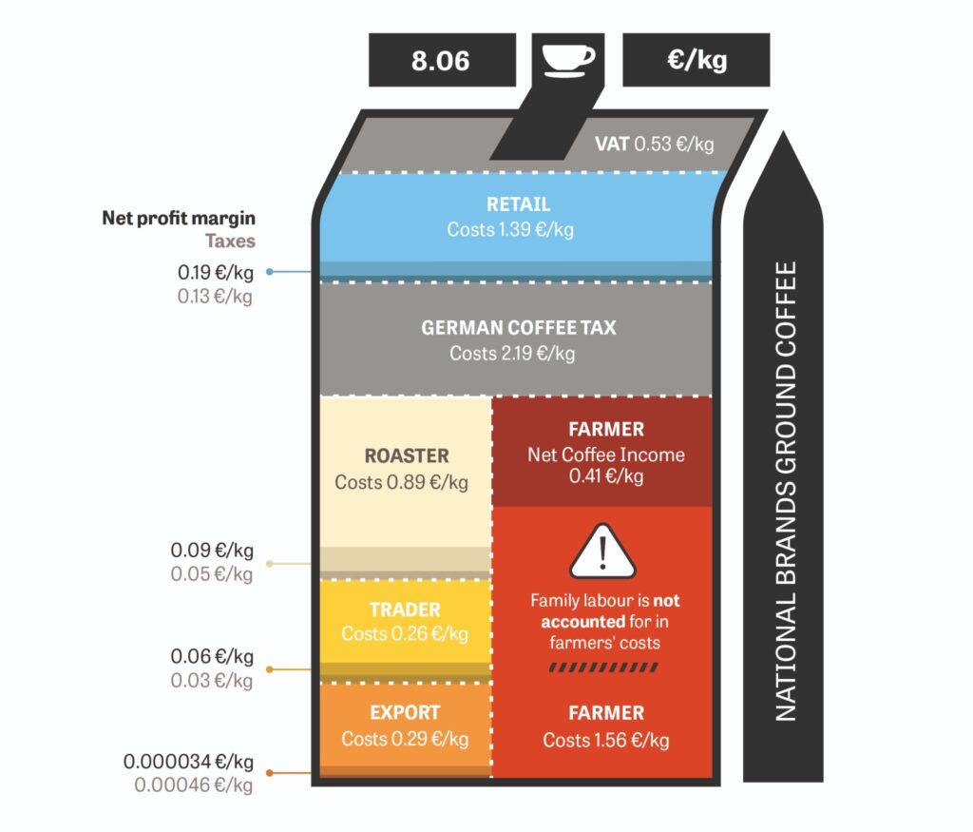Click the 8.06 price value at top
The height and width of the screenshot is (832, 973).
pos(441,61)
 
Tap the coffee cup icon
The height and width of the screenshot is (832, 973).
pos(568,60)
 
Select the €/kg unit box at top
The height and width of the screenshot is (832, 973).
pos(696,60)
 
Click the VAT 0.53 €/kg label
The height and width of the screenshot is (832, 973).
pos(654,144)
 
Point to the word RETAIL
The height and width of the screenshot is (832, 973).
pos(518,204)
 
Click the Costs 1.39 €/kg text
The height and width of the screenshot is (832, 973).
pos(510,230)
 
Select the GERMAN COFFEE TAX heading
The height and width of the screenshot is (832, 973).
pos(519,328)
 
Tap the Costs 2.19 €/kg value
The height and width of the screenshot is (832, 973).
pos(512,354)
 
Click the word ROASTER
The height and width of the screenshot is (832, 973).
pos(407,455)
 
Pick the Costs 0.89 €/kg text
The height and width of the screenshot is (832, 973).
pos(402,482)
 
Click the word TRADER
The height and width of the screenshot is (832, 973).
pos(405,609)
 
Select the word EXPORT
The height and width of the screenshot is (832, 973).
pos(405,713)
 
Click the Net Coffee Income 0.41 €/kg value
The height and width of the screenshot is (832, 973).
pos(606,465)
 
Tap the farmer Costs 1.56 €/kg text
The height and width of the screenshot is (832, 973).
pos(605,740)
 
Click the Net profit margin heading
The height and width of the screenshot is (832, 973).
pos(179,218)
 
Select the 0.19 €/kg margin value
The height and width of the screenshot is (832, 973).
pos(216,273)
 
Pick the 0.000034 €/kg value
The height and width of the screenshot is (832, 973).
pos(188,762)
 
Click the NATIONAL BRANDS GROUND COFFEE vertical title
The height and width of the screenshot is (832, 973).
pos(786,492)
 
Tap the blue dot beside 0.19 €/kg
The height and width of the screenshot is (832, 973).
pos(269,271)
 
